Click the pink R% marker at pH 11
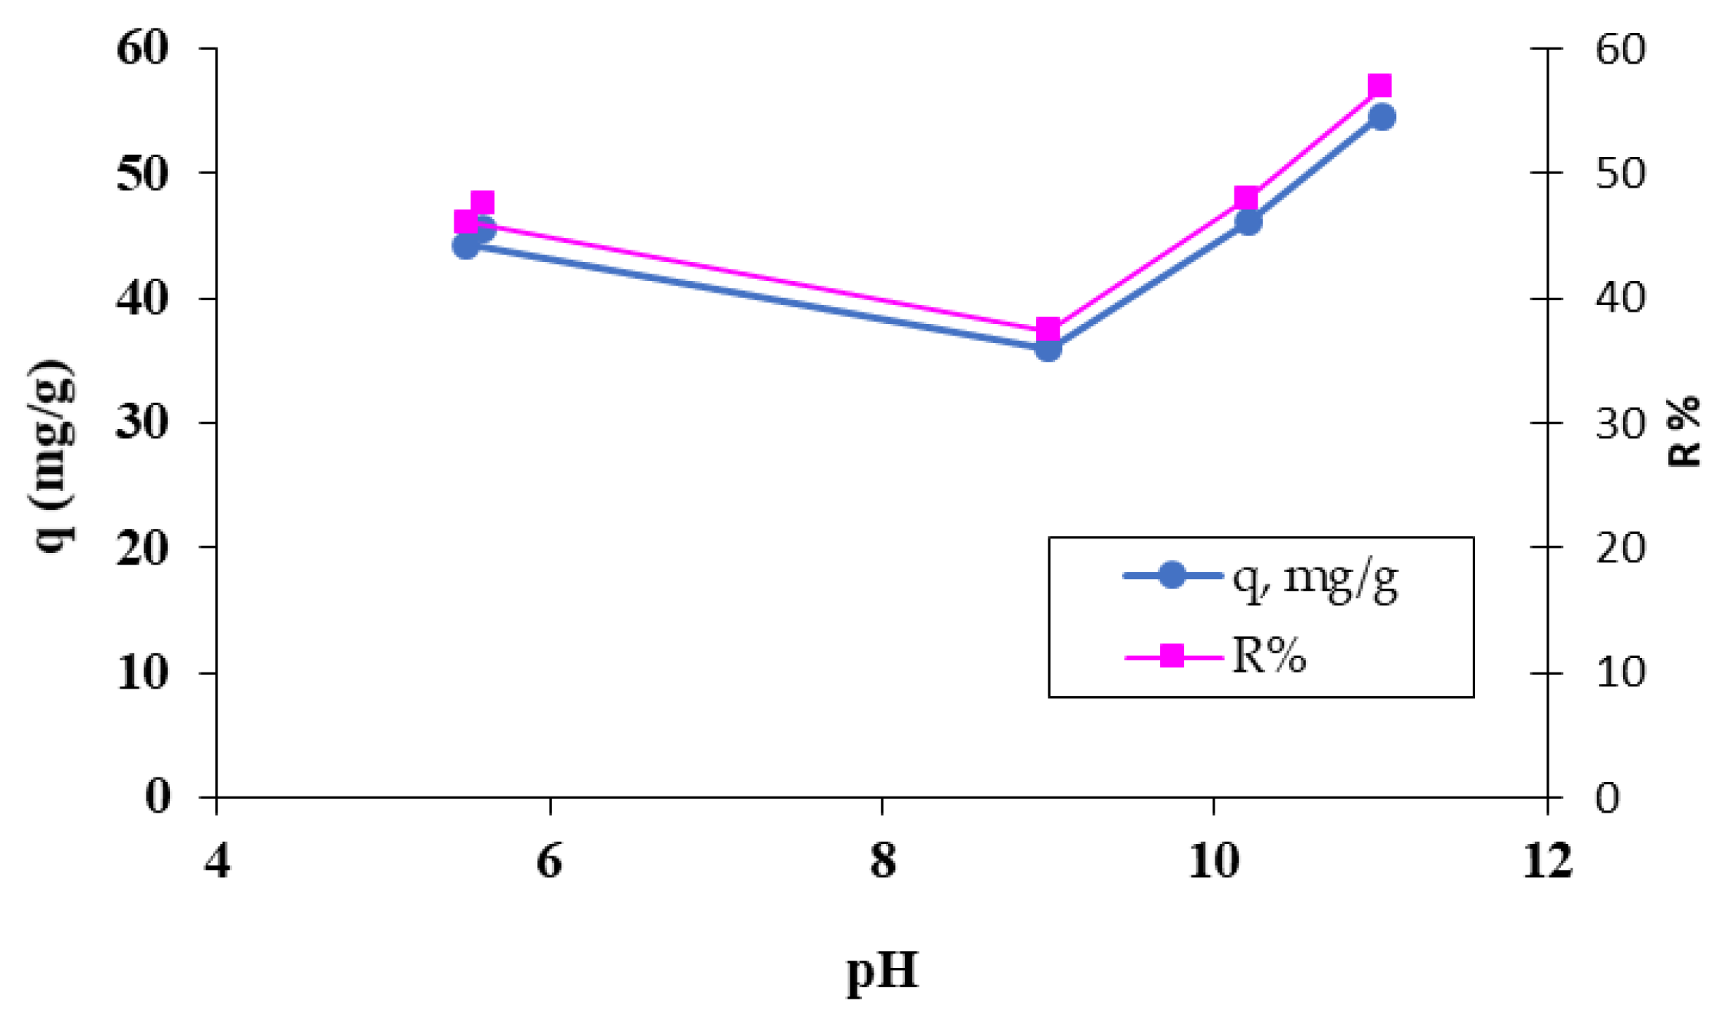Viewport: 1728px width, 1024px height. [x=1379, y=86]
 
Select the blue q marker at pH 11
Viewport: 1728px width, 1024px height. [x=1382, y=117]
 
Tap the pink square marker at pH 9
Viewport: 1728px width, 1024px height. [x=1048, y=331]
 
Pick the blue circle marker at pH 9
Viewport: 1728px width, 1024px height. [x=1048, y=349]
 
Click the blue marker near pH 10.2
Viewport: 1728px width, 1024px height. [x=1248, y=222]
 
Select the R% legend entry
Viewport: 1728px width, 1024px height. [x=1268, y=656]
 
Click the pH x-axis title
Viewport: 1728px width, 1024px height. [x=882, y=971]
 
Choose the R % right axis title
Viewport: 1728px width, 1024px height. [x=1684, y=431]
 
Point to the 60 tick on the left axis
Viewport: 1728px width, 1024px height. [x=143, y=49]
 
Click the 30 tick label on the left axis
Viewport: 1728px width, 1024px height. [x=143, y=423]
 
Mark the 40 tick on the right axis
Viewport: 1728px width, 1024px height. [x=1620, y=298]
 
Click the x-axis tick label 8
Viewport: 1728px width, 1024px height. [x=883, y=861]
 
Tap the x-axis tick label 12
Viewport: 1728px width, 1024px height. [x=1546, y=861]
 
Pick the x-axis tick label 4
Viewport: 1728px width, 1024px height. [x=217, y=861]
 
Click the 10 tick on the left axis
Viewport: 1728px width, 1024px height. [x=143, y=673]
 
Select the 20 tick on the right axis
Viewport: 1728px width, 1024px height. [x=1620, y=548]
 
